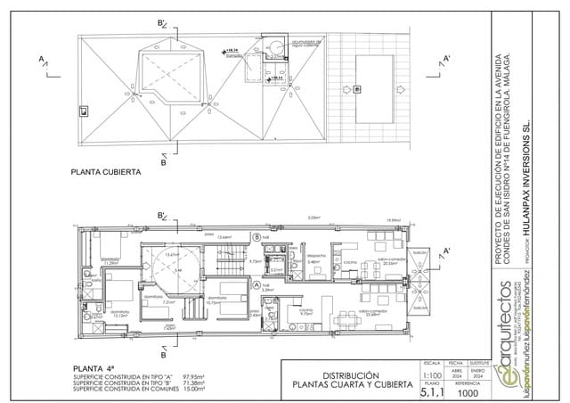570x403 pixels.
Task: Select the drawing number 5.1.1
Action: pos(432,393)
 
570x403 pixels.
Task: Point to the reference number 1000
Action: pos(468,393)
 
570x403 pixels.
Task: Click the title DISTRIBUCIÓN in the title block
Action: pos(350,375)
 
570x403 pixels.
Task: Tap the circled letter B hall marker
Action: pos(256,237)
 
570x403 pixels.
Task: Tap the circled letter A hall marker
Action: pos(256,285)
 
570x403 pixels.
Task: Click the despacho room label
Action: pos(316,255)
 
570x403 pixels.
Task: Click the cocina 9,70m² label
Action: pos(305,312)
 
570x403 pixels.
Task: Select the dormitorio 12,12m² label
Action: pos(120,314)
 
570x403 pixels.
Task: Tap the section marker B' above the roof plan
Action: pos(162,23)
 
